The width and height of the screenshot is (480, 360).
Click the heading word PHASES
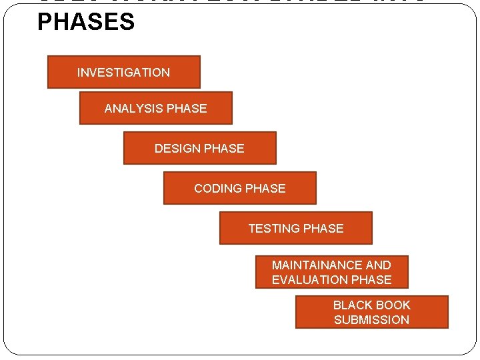coord(86,22)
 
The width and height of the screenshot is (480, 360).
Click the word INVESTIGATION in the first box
coord(123,73)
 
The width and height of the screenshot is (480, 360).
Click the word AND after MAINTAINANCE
coord(378,265)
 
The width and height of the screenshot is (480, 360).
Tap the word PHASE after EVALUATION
coord(371,280)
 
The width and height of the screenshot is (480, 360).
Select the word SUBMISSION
coord(372,320)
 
